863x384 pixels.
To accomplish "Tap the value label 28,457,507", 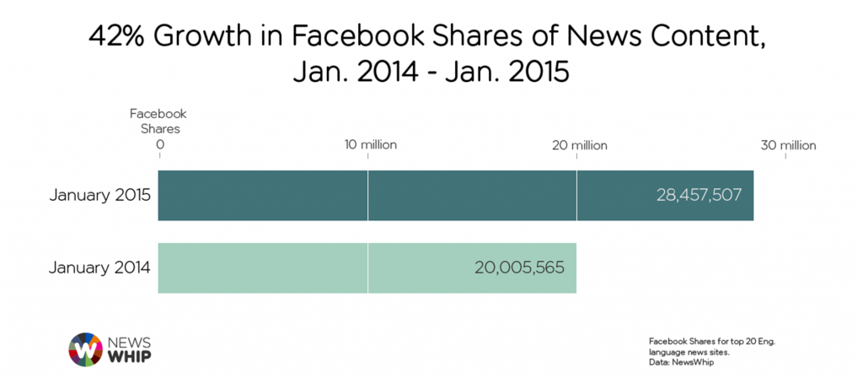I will (699, 196).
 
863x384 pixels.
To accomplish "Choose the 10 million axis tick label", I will (368, 145).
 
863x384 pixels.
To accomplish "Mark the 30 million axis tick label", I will (788, 145).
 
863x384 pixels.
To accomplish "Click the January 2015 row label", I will (99, 196).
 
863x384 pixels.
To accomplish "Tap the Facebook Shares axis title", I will (158, 121).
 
